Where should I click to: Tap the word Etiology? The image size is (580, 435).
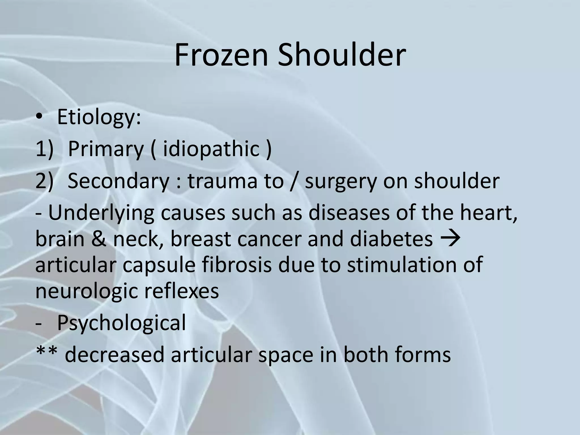coord(99,117)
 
